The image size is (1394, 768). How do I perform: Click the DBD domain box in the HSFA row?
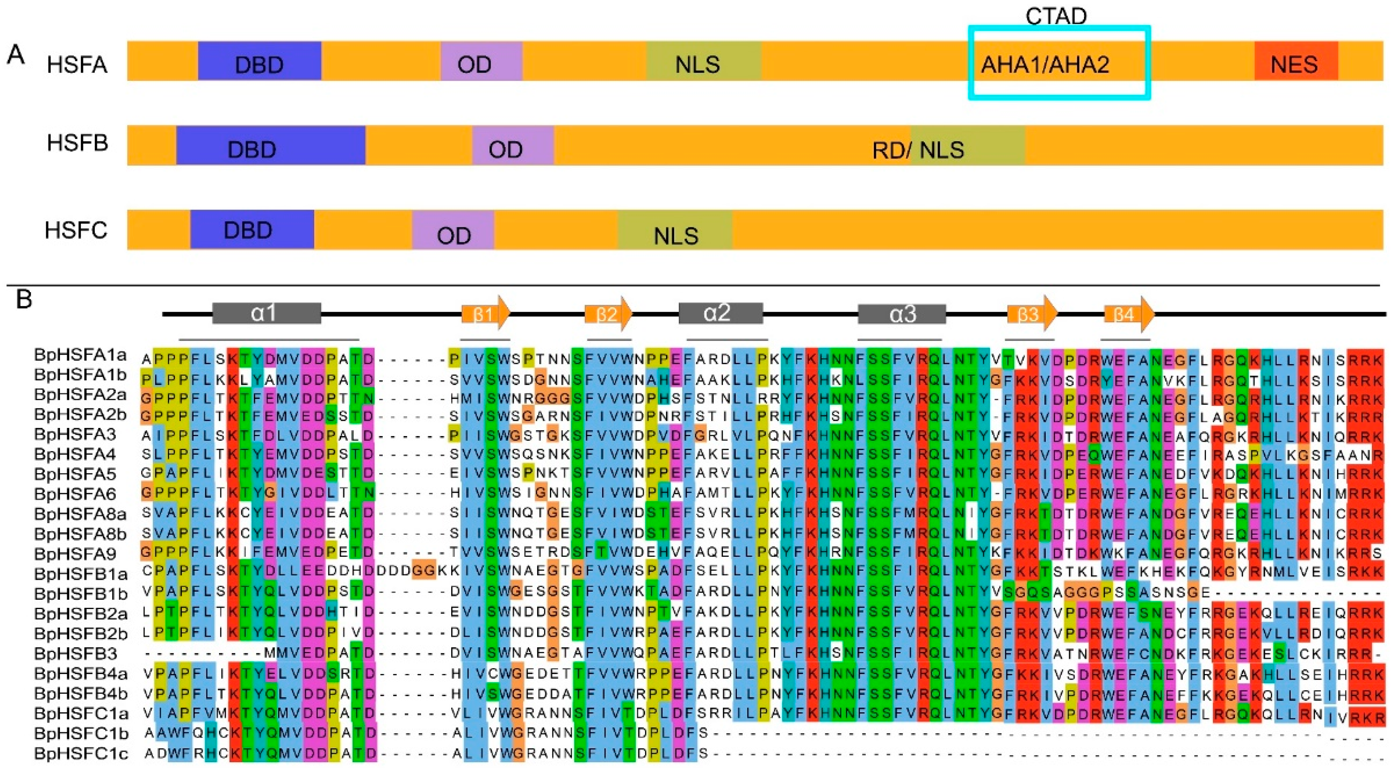pyautogui.click(x=259, y=61)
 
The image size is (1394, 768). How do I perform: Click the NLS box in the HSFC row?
pyautogui.click(x=675, y=230)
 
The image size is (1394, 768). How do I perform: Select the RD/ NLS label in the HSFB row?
pyautogui.click(x=918, y=150)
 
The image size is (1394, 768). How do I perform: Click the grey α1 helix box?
pyautogui.click(x=266, y=313)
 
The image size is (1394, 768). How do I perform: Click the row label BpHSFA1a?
pyautogui.click(x=80, y=355)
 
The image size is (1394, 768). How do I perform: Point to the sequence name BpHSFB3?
pyautogui.click(x=75, y=653)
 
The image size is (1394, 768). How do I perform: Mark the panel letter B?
pyautogui.click(x=24, y=299)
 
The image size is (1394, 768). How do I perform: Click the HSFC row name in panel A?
pyautogui.click(x=76, y=230)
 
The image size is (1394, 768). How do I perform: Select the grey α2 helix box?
pyautogui.click(x=720, y=313)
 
